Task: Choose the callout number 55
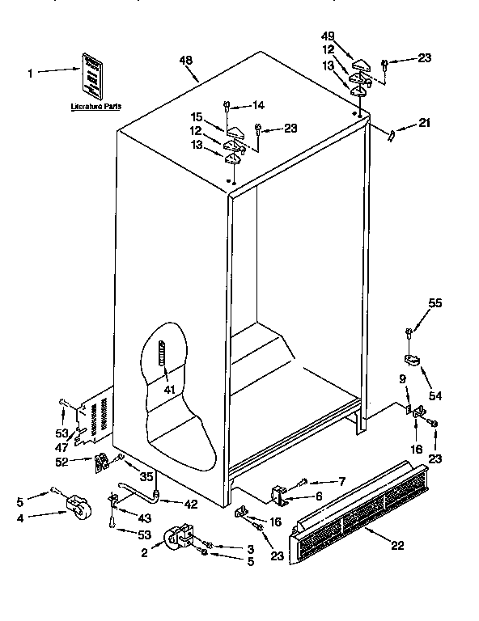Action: [x=435, y=303]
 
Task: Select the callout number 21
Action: [x=424, y=124]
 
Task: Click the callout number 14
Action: [x=258, y=104]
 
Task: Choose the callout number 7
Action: [x=341, y=482]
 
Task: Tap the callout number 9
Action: [x=401, y=379]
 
